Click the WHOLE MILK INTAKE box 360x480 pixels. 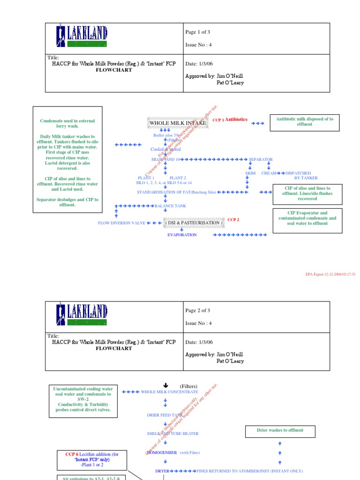[171, 123]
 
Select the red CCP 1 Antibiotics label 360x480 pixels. [230, 120]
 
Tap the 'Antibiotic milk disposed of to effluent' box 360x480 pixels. [305, 122]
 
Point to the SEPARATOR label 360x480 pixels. [261, 159]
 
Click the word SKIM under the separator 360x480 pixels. [250, 173]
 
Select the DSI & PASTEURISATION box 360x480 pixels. [193, 223]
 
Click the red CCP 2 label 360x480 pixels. [233, 220]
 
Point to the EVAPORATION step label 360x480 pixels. [182, 235]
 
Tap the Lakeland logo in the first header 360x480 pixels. [82, 37]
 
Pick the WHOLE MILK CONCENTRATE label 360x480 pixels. [169, 391]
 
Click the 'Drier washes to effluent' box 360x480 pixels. [280, 430]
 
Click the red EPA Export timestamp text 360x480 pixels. [330, 274]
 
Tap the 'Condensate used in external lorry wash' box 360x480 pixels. [67, 159]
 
